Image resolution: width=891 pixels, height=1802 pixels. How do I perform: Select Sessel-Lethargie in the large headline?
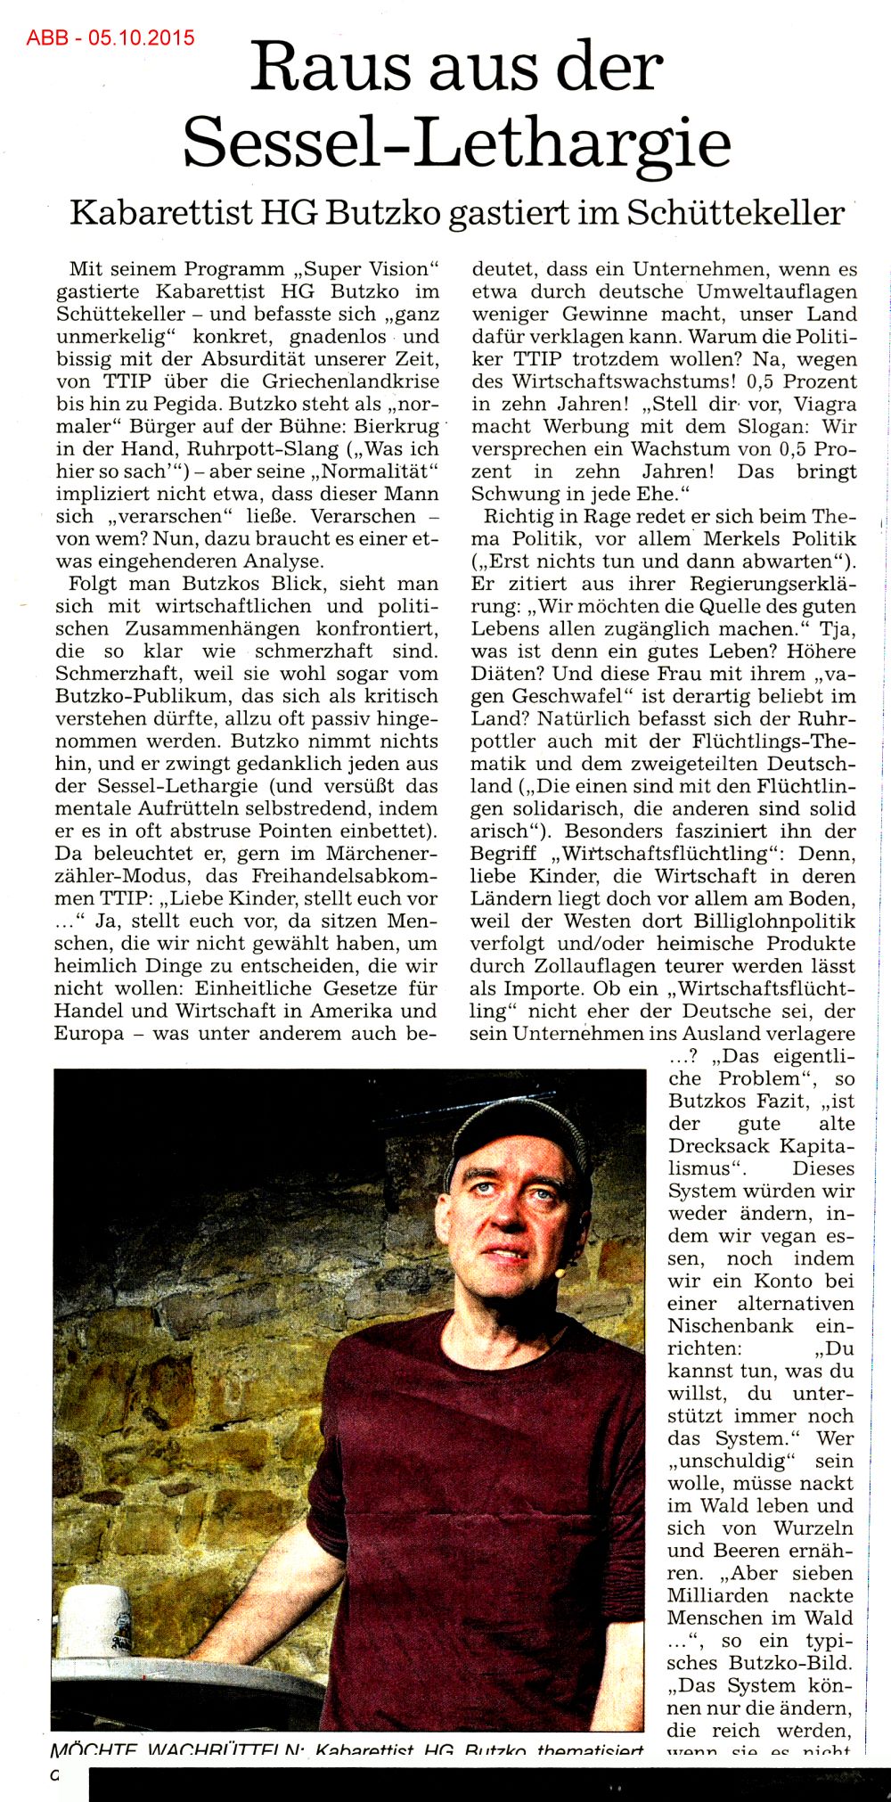pos(457,143)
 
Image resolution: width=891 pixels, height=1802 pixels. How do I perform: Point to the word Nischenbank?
pos(731,1325)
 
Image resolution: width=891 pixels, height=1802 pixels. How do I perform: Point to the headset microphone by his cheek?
pos(560,1274)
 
